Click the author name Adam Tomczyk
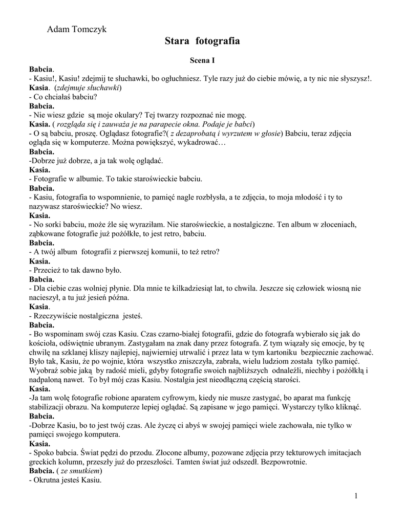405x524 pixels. pos(77,30)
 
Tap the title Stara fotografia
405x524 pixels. pos(202,41)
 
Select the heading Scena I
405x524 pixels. pos(202,60)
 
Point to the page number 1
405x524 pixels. pos(356,496)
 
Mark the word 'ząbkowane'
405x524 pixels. pos(50,233)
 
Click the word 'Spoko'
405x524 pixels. pos(44,452)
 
